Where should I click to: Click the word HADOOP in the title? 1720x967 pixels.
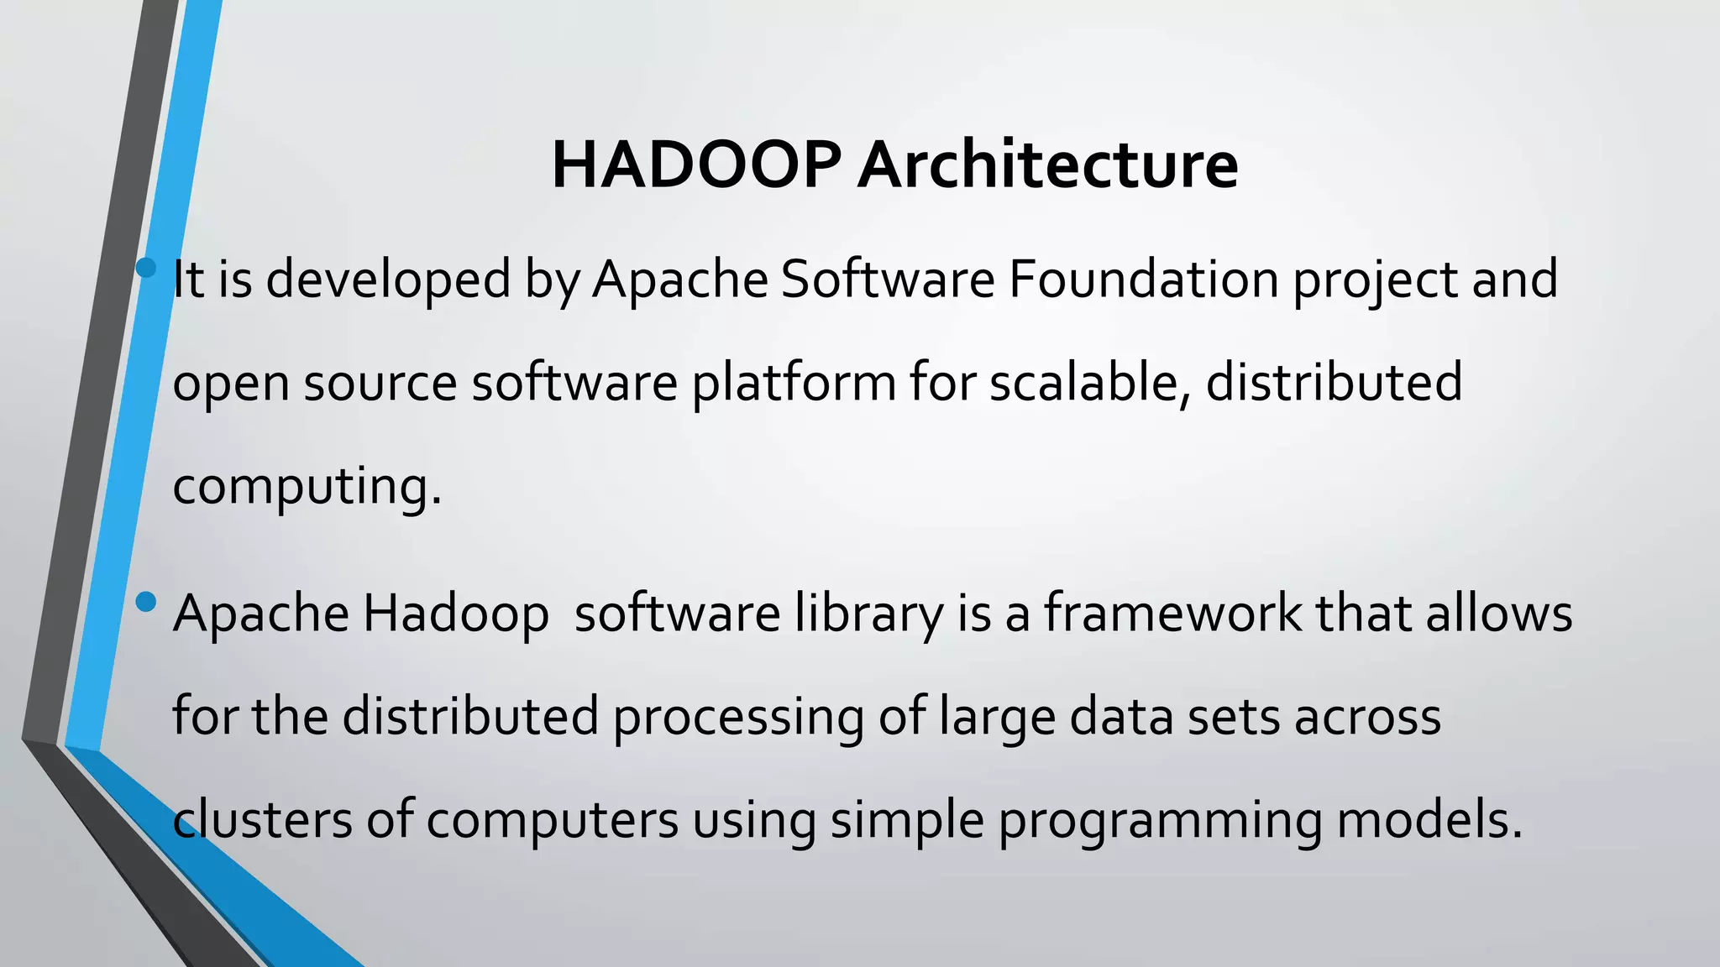[696, 165]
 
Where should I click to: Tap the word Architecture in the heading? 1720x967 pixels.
[1047, 165]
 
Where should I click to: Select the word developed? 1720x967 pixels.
[388, 280]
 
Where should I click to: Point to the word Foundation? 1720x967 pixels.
[1143, 280]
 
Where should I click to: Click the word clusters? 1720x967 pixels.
[262, 820]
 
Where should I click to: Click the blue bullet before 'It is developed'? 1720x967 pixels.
[146, 268]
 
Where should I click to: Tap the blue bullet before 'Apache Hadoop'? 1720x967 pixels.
[146, 602]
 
